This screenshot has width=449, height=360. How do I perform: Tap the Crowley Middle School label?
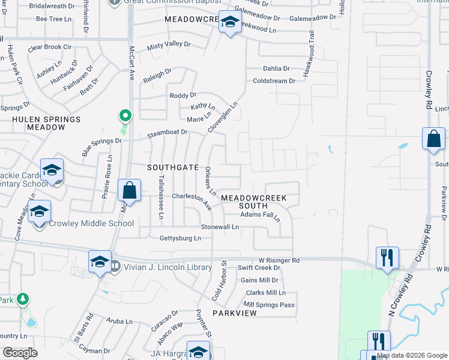91,223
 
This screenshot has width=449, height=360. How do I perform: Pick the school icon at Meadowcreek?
229,23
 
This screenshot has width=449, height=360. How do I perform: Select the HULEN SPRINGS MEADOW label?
46,123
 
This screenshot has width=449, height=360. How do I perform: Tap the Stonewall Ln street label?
220,227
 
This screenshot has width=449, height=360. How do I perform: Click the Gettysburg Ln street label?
179,238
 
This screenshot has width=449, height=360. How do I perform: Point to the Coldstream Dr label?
274,81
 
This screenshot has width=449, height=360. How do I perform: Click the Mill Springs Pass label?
269,305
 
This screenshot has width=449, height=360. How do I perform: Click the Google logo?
20,353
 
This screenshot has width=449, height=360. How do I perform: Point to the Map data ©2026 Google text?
412,355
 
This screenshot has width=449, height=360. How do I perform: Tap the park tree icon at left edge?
23,298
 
